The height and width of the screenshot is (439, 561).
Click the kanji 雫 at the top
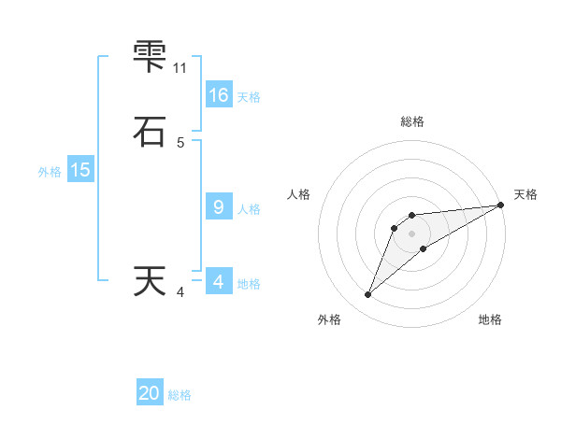[x=150, y=58]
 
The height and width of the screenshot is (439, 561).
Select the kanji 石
[x=150, y=132]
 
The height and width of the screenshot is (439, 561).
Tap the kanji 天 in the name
[x=150, y=281]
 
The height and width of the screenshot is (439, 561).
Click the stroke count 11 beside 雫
[x=180, y=68]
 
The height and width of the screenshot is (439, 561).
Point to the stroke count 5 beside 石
[x=180, y=142]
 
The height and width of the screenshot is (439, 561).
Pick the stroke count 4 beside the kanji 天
[x=180, y=292]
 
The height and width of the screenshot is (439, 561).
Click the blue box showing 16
[x=219, y=95]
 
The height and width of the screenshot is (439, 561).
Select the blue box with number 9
[x=219, y=207]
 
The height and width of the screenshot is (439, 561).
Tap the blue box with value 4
[x=219, y=282]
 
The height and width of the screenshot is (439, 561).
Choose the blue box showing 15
[x=79, y=170]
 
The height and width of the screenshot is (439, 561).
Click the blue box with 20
[x=150, y=394]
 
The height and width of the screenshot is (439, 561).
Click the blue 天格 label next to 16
[x=249, y=97]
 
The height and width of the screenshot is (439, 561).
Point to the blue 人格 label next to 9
[x=249, y=209]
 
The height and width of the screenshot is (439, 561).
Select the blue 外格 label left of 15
[x=50, y=172]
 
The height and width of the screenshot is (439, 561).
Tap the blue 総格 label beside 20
[x=180, y=396]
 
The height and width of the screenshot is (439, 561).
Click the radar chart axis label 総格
[x=412, y=121]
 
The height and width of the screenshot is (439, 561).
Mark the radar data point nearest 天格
[x=500, y=205]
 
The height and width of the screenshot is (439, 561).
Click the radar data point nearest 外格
[x=367, y=295]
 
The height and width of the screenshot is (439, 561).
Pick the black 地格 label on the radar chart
[x=490, y=320]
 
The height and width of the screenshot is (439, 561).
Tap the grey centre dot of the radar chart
[x=412, y=234]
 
